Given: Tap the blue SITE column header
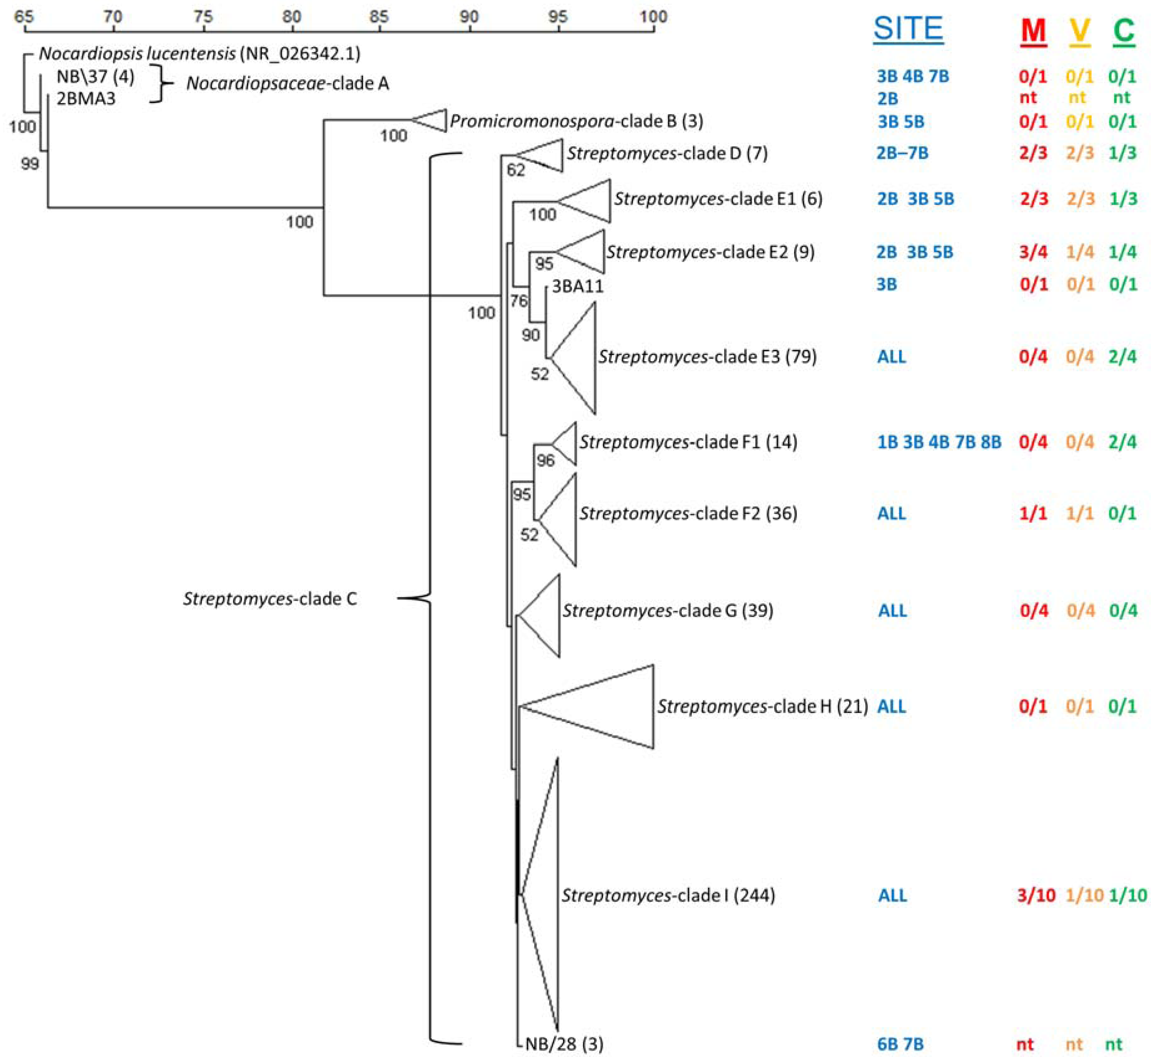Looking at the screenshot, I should (x=908, y=29).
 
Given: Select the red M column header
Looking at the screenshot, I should (x=1033, y=30).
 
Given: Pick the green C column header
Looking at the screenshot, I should (x=1124, y=30).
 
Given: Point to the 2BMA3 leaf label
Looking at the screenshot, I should (x=86, y=99).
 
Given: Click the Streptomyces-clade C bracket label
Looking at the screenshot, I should (x=270, y=599).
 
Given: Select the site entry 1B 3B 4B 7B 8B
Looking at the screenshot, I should (x=939, y=442).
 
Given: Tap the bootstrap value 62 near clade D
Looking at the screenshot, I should (x=516, y=170).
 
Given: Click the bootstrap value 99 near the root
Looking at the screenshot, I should (x=30, y=164).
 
